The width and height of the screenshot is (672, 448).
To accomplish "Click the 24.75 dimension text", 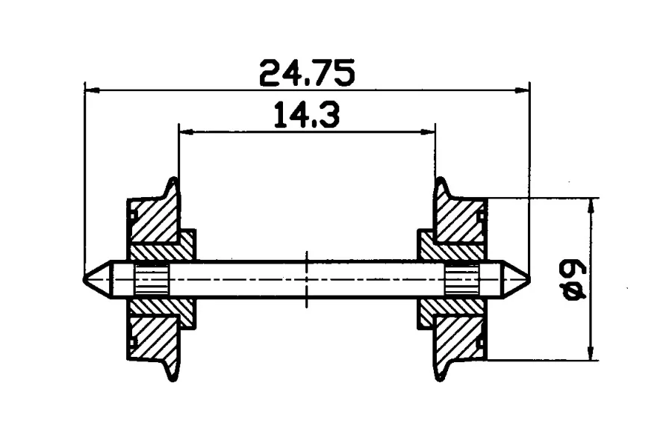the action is click(308, 73).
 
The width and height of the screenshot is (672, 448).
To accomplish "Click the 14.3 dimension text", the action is click(307, 114).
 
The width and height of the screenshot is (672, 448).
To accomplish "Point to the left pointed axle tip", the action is click(84, 279).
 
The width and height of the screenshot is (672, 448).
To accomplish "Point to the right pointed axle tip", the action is click(529, 279).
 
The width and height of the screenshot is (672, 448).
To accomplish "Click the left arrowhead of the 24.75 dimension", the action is click(93, 90).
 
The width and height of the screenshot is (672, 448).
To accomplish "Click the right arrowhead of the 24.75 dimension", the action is click(522, 90).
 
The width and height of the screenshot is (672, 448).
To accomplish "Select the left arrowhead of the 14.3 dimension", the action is click(186, 132).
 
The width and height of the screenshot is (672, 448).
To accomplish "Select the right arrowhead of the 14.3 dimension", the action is click(428, 132).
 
